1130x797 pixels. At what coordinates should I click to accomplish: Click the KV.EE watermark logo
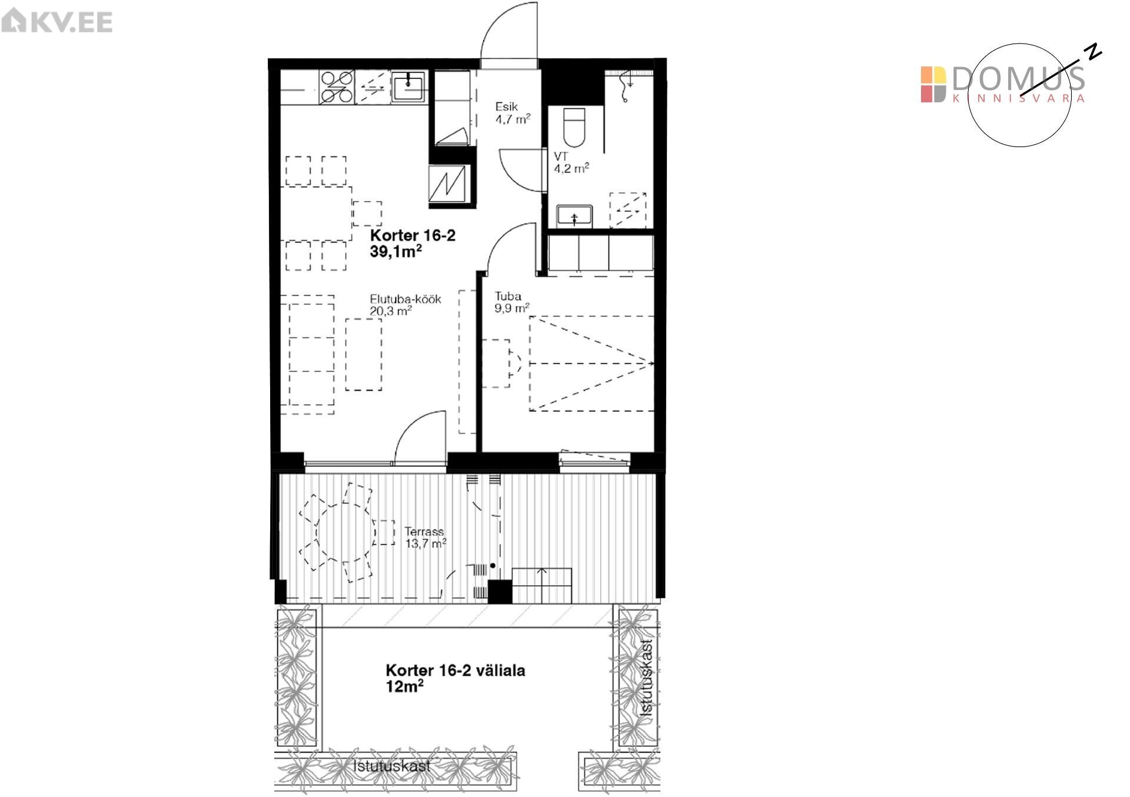(x=56, y=22)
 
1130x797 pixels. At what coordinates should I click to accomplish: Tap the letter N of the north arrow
(x=1094, y=52)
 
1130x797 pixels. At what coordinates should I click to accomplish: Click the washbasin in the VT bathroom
(x=574, y=216)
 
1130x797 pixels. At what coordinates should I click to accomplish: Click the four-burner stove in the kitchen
(x=337, y=87)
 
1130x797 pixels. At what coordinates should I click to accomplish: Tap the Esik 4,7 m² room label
(x=513, y=113)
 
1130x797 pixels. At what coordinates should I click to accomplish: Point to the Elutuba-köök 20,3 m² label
(x=406, y=305)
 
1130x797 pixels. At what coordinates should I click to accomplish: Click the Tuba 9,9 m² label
(x=512, y=302)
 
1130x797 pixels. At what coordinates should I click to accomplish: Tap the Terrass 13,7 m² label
(x=426, y=538)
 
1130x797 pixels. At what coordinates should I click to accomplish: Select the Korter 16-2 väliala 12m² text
(x=455, y=678)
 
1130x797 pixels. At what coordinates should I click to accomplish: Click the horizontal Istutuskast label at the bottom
(x=392, y=766)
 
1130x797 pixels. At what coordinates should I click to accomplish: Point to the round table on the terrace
(x=345, y=533)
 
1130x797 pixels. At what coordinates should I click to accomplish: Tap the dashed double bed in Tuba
(x=592, y=364)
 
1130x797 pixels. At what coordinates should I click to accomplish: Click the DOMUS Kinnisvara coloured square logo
(x=933, y=85)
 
